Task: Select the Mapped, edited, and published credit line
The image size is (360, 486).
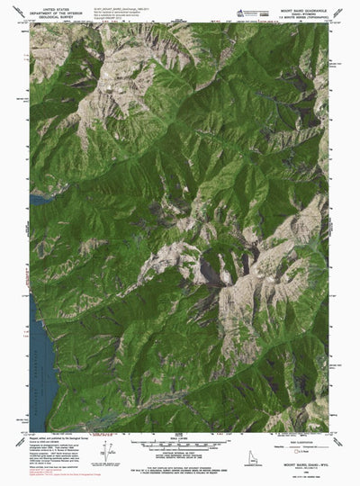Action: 49,441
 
